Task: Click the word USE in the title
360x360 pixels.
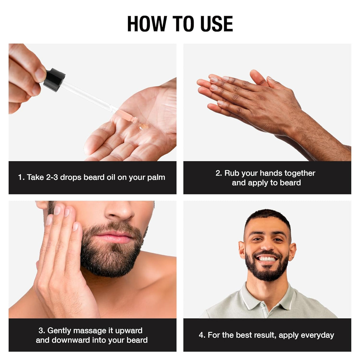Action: click(x=216, y=24)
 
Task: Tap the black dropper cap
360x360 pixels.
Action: click(x=54, y=79)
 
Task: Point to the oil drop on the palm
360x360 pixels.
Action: click(x=144, y=127)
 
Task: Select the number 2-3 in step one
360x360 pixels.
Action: click(x=52, y=177)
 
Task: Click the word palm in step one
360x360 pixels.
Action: click(x=156, y=178)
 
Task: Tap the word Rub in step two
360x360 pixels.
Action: click(x=232, y=173)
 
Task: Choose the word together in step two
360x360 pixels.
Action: click(x=300, y=173)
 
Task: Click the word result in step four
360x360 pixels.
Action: click(x=265, y=335)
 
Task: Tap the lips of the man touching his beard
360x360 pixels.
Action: click(x=114, y=238)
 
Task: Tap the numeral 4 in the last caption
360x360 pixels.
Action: click(x=201, y=335)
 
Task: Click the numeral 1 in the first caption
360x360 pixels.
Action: click(x=20, y=177)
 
